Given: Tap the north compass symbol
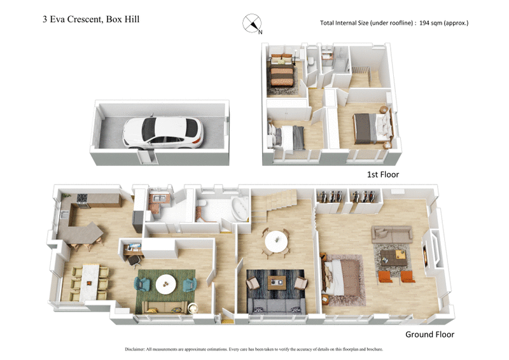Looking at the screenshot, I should pos(251,24).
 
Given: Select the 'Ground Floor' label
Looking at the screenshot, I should pos(429,335).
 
